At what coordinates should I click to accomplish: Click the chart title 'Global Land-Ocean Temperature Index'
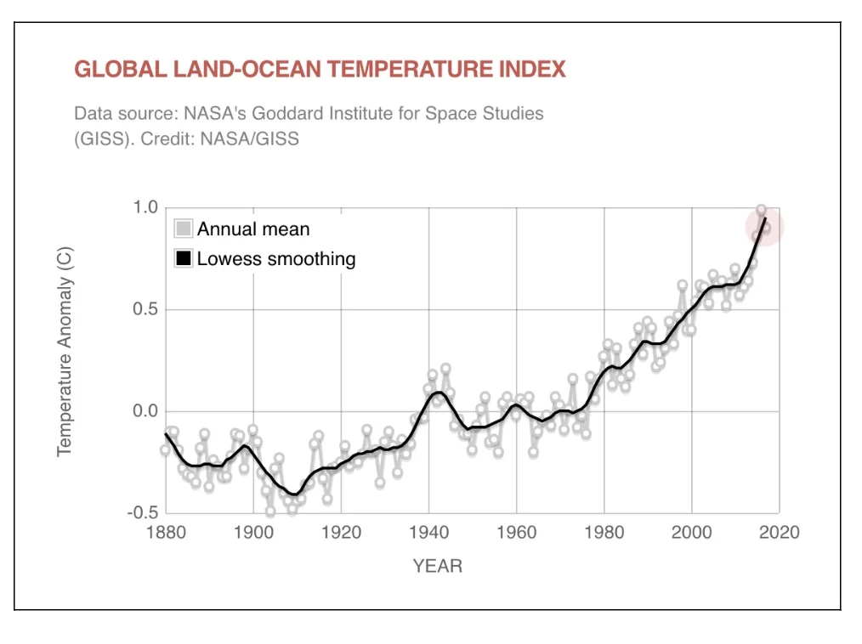click(x=320, y=70)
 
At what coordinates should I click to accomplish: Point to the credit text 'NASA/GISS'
click(x=250, y=138)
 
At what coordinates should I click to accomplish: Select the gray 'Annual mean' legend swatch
click(x=184, y=229)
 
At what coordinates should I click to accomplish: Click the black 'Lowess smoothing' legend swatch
click(x=184, y=258)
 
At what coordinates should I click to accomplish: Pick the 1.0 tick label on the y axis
click(x=146, y=208)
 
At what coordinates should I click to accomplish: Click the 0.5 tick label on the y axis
click(x=146, y=310)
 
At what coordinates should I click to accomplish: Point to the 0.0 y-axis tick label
click(x=146, y=412)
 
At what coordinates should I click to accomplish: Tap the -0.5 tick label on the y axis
click(x=143, y=513)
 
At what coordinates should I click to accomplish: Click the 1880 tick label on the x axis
click(x=166, y=533)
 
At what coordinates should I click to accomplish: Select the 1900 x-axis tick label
click(x=253, y=533)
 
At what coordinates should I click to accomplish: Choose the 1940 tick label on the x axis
click(x=428, y=533)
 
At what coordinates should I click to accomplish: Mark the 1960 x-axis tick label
click(x=516, y=533)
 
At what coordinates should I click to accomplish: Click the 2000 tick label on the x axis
click(x=691, y=533)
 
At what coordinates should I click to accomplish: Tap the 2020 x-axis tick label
click(x=779, y=533)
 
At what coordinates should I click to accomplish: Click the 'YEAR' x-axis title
click(x=438, y=566)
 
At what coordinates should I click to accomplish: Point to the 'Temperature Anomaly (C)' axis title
click(x=65, y=352)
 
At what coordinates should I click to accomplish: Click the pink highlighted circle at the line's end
click(x=764, y=227)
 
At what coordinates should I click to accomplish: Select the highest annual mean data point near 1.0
click(x=761, y=210)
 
